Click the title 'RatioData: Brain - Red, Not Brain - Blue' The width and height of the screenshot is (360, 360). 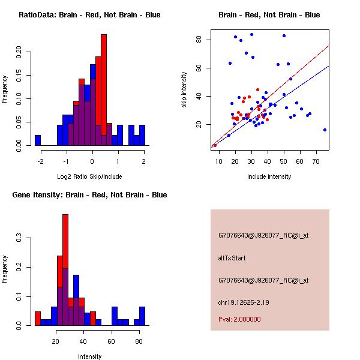tap(89, 14)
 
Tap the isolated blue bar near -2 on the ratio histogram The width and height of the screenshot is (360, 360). tap(38, 140)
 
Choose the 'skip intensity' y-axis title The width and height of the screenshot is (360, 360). tap(184, 90)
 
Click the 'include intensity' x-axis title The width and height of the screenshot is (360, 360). tap(269, 176)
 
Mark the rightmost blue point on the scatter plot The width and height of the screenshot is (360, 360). tap(325, 130)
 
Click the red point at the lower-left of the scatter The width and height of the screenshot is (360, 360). tap(215, 145)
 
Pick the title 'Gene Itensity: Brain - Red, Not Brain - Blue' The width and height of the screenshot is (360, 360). tap(85, 194)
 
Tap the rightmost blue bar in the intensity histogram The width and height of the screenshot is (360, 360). tap(142, 316)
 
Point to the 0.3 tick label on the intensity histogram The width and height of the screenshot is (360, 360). tap(18, 238)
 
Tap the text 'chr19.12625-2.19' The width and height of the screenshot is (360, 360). tap(243, 302)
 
